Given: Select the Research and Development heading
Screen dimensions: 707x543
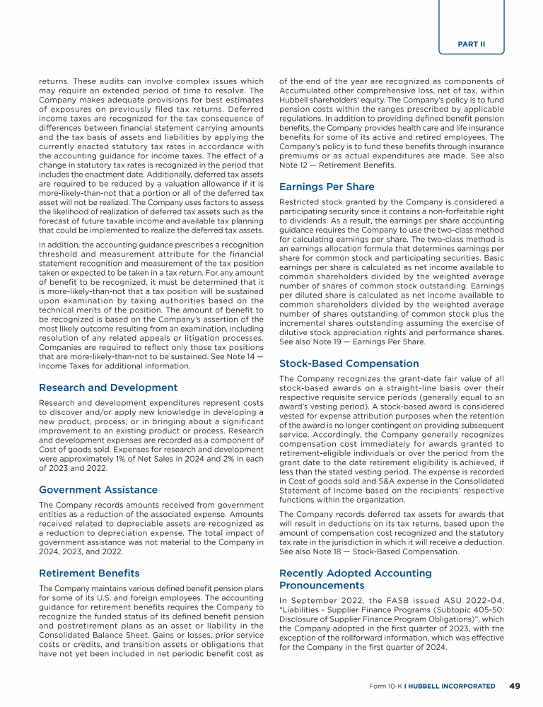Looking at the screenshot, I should (108, 387).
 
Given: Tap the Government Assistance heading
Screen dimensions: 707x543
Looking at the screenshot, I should (98, 489).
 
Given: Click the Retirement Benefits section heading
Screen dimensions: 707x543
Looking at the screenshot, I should (89, 573).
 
